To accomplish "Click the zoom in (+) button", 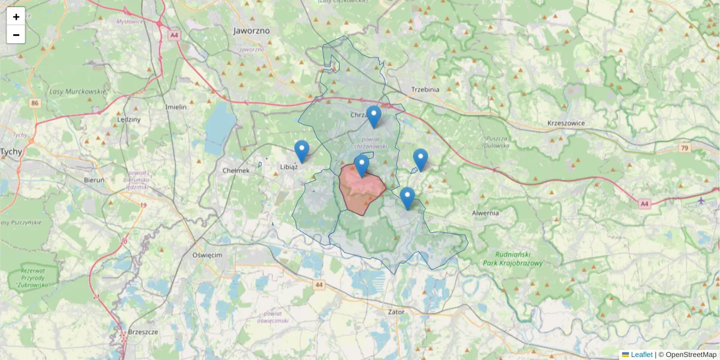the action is coord(16,17).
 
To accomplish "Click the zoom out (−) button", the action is coord(16,35).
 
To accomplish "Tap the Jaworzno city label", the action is coord(251,31).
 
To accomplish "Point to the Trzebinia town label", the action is coord(425,89).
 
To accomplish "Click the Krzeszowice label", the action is coord(566,124).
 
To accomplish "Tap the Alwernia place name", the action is coord(485,213).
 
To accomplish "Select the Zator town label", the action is coord(395,312).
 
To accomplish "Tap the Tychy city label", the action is coord(11,152).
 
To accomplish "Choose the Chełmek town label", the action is coord(236,170).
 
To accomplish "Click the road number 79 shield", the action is coord(685,147).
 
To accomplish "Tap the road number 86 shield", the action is coord(35,103).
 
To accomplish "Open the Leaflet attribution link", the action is coord(641,355).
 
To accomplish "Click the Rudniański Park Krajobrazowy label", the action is coord(513,259).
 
